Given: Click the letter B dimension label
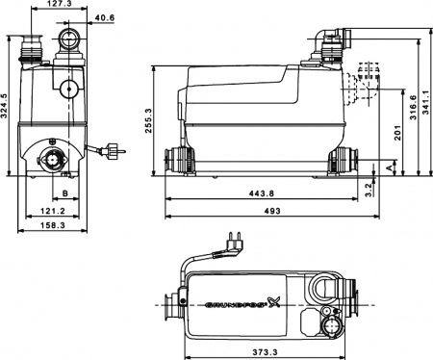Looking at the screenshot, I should (64, 193).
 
